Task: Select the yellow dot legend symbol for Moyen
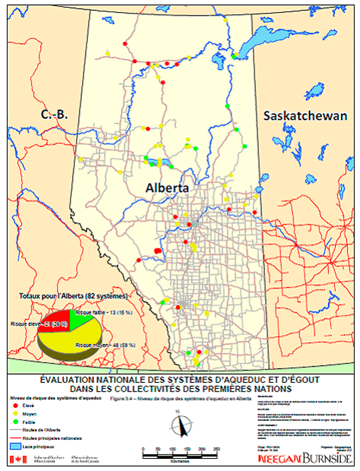click(x=17, y=412)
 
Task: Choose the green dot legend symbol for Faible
click(x=17, y=420)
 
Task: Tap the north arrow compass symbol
click(x=179, y=428)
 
